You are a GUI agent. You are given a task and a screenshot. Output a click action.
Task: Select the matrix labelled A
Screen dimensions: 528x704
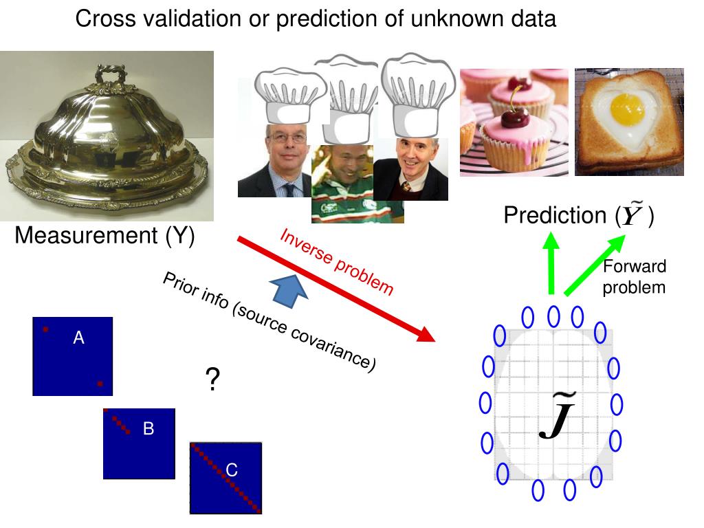coord(72,356)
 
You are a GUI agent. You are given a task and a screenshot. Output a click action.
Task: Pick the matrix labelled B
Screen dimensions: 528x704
coord(139,443)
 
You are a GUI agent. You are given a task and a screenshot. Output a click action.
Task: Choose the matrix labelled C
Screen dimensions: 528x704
coord(225,478)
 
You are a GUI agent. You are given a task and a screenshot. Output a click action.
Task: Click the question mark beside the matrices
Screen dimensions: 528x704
coord(212,379)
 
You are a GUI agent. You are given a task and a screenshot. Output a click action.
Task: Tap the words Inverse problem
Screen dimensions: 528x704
coord(337,261)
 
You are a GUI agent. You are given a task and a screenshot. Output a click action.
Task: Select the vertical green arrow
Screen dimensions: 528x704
coord(551,264)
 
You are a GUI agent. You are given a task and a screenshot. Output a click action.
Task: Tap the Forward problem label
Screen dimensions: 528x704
coord(634,277)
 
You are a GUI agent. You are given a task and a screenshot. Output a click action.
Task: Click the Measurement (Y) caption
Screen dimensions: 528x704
coord(104,236)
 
